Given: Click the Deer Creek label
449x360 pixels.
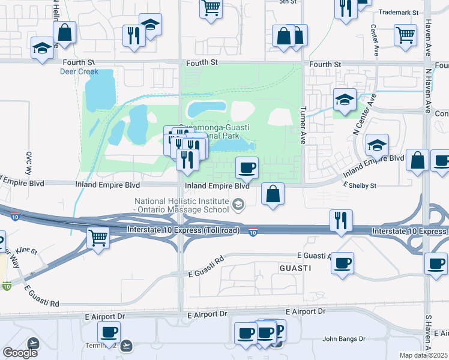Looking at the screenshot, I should (x=79, y=71).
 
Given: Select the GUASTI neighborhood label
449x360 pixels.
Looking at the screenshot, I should (x=295, y=268).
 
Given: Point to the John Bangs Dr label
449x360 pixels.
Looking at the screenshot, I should (x=344, y=338).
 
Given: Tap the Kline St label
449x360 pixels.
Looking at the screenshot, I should (x=27, y=250).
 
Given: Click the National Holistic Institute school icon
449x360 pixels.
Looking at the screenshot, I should (x=238, y=206).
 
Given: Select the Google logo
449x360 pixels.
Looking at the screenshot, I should (x=19, y=353).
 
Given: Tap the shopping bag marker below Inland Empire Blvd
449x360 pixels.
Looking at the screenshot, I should (x=273, y=193).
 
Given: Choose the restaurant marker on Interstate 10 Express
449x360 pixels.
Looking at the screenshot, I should (x=341, y=220).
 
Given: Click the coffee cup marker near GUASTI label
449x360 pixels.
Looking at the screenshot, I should (x=342, y=262).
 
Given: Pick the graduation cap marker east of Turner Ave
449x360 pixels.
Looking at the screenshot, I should (x=345, y=99).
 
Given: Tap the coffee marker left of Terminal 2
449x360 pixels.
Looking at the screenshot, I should (x=109, y=331).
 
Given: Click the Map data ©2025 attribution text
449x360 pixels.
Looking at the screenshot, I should (x=424, y=355).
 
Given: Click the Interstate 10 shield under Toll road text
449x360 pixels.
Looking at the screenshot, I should (x=254, y=232).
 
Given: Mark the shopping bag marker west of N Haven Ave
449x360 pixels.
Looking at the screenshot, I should (x=417, y=160).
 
